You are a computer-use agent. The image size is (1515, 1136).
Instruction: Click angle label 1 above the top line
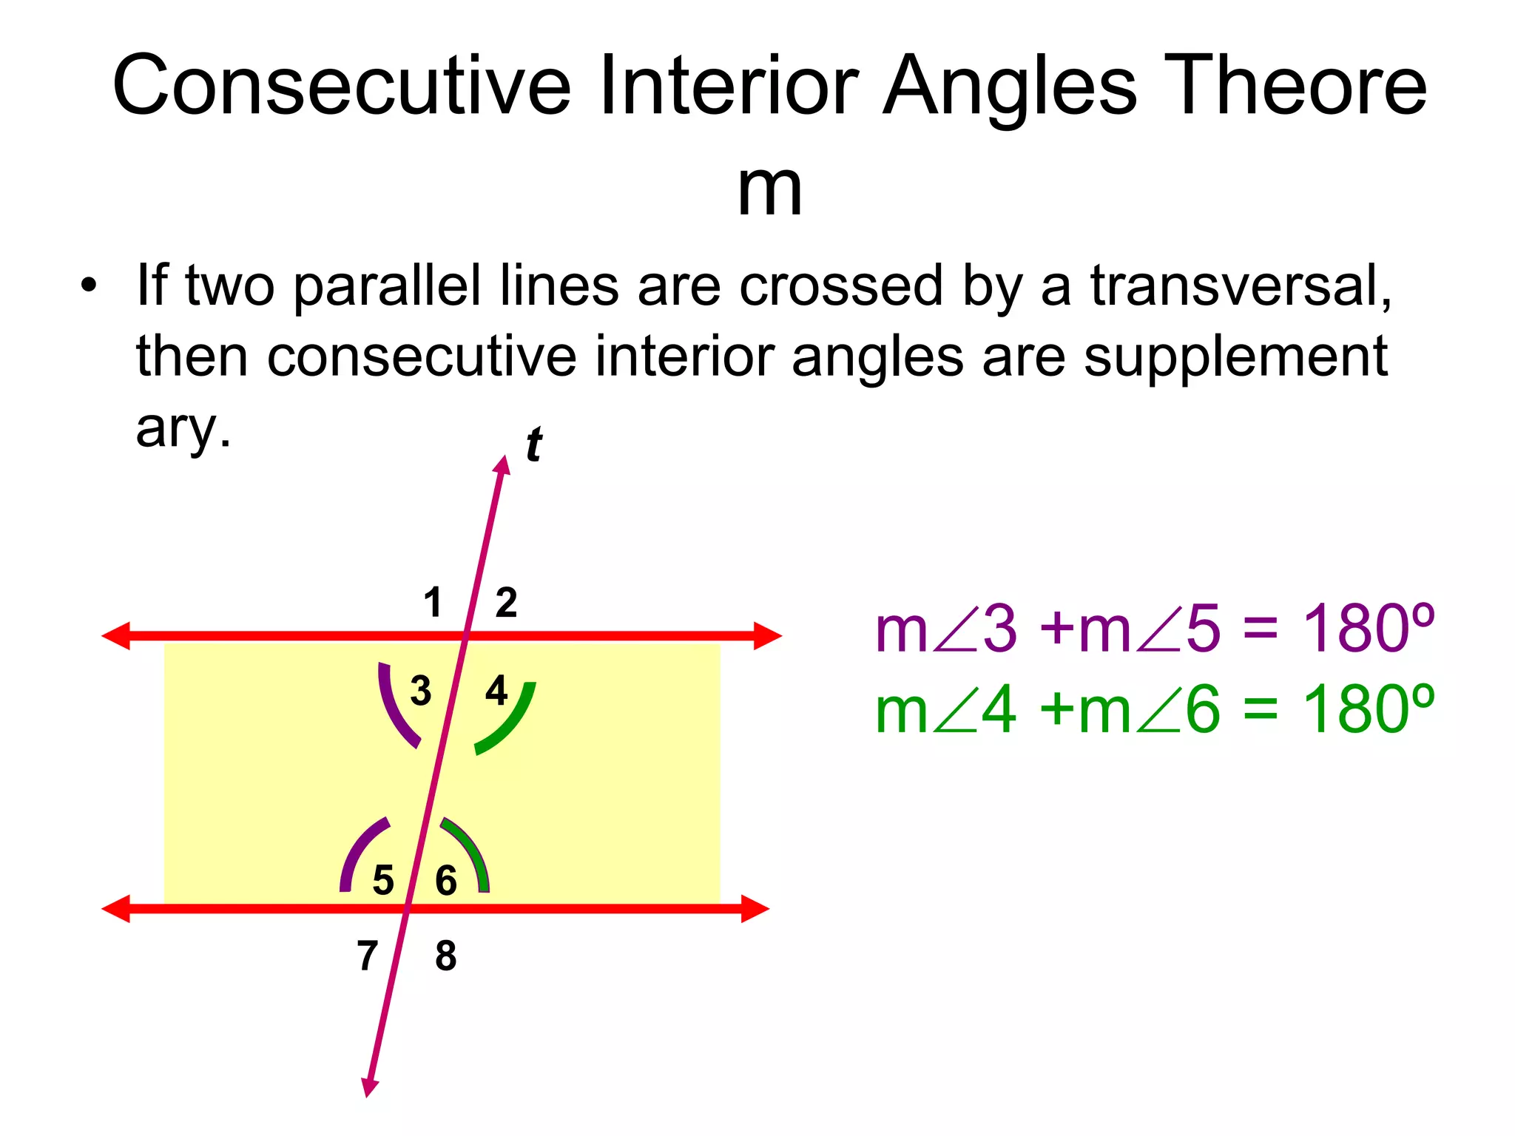[433, 602]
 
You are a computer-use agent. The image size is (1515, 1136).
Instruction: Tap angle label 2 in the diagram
[506, 602]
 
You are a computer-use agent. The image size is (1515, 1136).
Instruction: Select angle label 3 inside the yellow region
[421, 691]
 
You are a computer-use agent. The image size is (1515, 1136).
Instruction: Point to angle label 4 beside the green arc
[496, 691]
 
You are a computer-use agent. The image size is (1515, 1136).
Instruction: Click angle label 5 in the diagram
[383, 880]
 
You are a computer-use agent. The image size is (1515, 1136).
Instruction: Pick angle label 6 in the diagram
[446, 880]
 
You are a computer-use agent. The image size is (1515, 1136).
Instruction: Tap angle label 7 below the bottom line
[368, 956]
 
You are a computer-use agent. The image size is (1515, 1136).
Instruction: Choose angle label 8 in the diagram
[446, 956]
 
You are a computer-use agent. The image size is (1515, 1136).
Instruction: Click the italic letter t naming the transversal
[533, 445]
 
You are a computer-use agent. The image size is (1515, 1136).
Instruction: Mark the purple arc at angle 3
[393, 710]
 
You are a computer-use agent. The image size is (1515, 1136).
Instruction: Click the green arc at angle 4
[513, 725]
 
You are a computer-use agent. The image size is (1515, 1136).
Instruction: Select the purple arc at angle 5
[357, 851]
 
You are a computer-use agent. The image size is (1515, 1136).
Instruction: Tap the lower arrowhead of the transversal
[369, 1087]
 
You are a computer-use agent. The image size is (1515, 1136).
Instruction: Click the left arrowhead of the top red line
[116, 636]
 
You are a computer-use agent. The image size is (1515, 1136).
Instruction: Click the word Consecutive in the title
[341, 86]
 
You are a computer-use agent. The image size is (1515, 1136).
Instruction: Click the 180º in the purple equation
[1368, 629]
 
